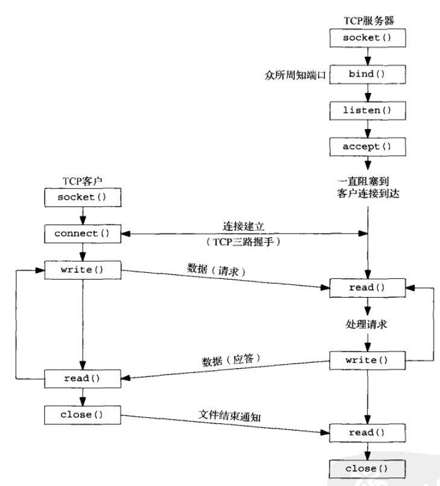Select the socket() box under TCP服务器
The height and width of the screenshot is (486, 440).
click(x=366, y=38)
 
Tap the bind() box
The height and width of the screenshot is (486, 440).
click(x=366, y=74)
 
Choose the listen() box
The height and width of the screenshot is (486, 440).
click(x=366, y=110)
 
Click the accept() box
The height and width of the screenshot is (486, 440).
click(x=366, y=147)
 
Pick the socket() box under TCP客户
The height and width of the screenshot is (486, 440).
click(x=81, y=197)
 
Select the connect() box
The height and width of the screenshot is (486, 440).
click(x=83, y=232)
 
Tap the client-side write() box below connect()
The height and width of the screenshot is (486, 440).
click(x=83, y=269)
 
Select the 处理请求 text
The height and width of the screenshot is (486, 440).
click(x=366, y=324)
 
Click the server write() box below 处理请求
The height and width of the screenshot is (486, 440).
click(x=366, y=360)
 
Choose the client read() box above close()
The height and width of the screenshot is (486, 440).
click(x=83, y=378)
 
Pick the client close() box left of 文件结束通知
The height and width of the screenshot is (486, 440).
click(x=83, y=414)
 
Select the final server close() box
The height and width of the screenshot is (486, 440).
click(x=366, y=468)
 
